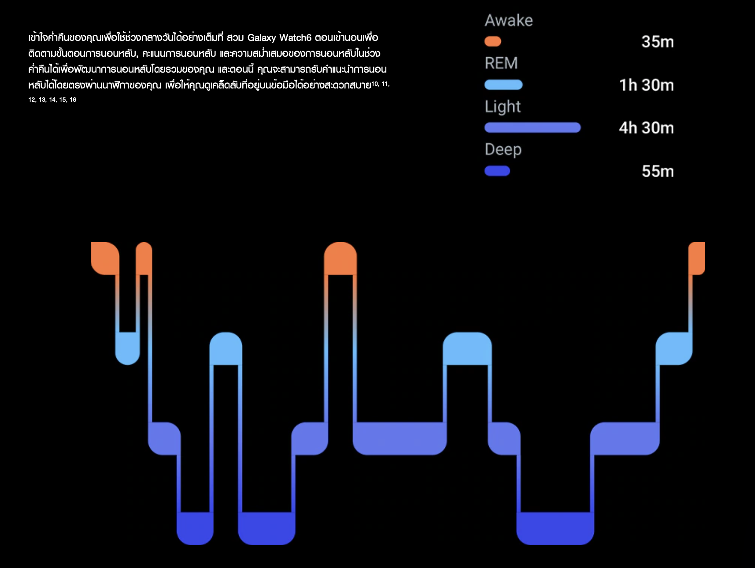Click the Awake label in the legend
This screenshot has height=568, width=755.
509,20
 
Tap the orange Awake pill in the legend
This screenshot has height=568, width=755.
492,41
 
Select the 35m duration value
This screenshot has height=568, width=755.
657,42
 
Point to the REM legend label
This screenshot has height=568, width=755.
501,63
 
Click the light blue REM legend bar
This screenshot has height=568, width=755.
503,85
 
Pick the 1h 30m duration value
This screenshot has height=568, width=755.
646,85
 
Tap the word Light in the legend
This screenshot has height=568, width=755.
503,107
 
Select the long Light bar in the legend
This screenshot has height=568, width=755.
532,128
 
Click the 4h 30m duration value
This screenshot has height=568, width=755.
646,128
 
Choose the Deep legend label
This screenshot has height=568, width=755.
503,150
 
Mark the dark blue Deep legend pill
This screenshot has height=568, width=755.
497,171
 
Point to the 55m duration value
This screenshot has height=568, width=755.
657,171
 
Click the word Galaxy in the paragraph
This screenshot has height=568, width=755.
261,38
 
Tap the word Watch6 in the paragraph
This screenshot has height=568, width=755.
295,38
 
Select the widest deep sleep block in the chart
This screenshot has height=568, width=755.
555,528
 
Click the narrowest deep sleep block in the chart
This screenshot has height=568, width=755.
195,528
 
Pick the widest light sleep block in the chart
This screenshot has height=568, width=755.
400,438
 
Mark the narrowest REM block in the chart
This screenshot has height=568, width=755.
127,348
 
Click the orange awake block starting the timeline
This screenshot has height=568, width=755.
104,258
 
